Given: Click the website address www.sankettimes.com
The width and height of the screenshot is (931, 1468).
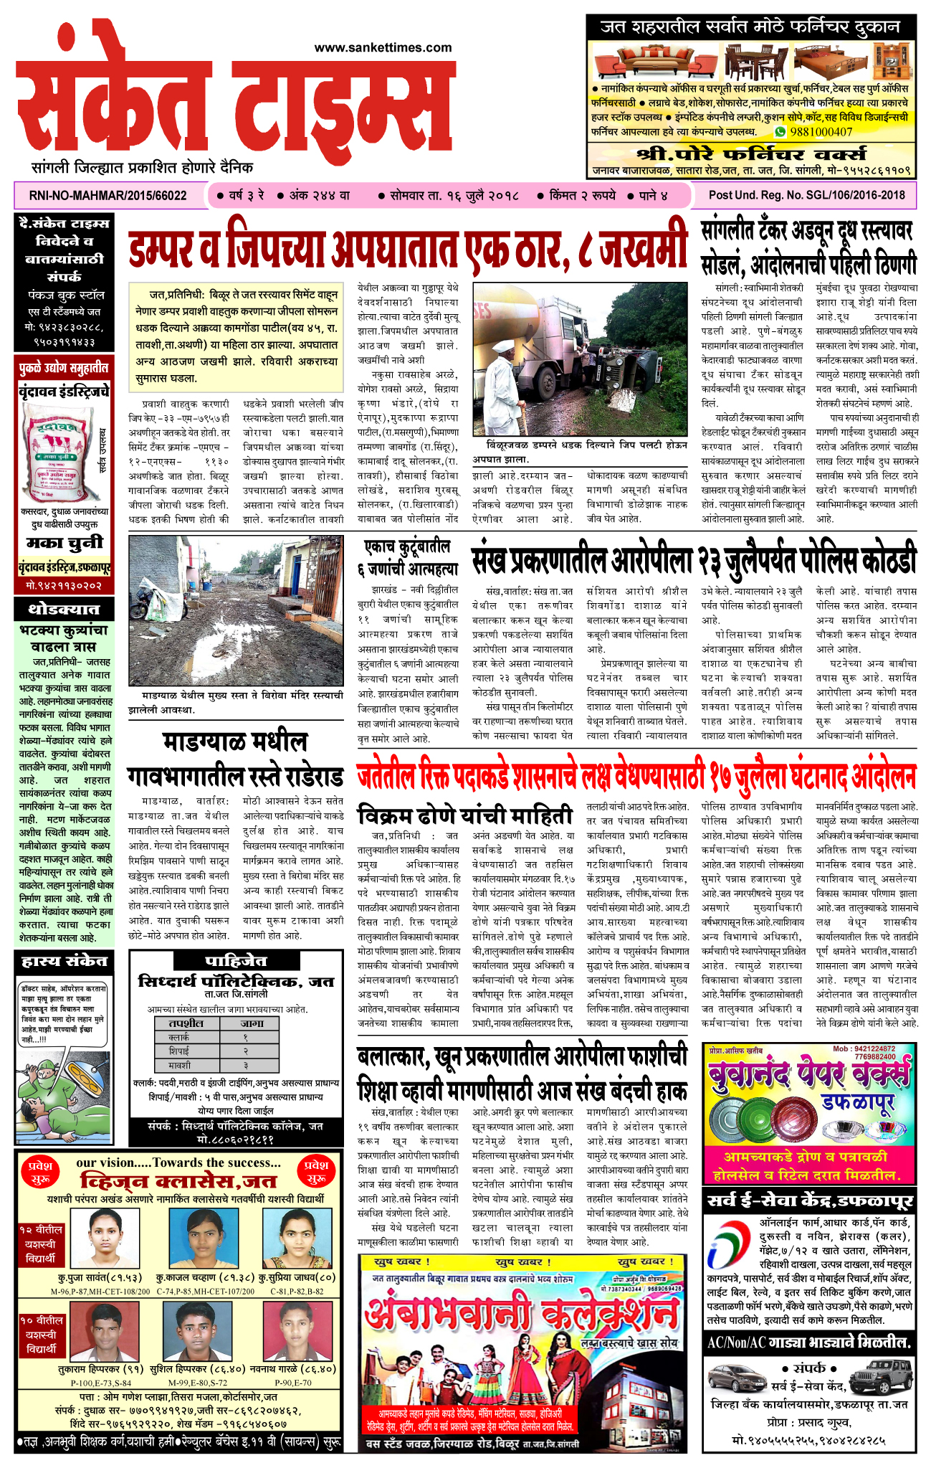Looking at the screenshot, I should (x=383, y=48).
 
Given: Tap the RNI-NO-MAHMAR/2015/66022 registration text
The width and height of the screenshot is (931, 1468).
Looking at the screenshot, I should (x=108, y=196).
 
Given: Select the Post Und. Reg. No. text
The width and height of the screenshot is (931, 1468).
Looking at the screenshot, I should (x=806, y=195).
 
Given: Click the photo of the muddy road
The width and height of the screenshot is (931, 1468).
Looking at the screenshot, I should (x=236, y=611).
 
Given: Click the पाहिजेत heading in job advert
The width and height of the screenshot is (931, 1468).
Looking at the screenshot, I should (x=236, y=962).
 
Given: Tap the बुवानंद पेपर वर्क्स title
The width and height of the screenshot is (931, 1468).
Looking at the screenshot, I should (x=808, y=1075).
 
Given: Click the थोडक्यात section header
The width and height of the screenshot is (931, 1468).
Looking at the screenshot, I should (x=63, y=610).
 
